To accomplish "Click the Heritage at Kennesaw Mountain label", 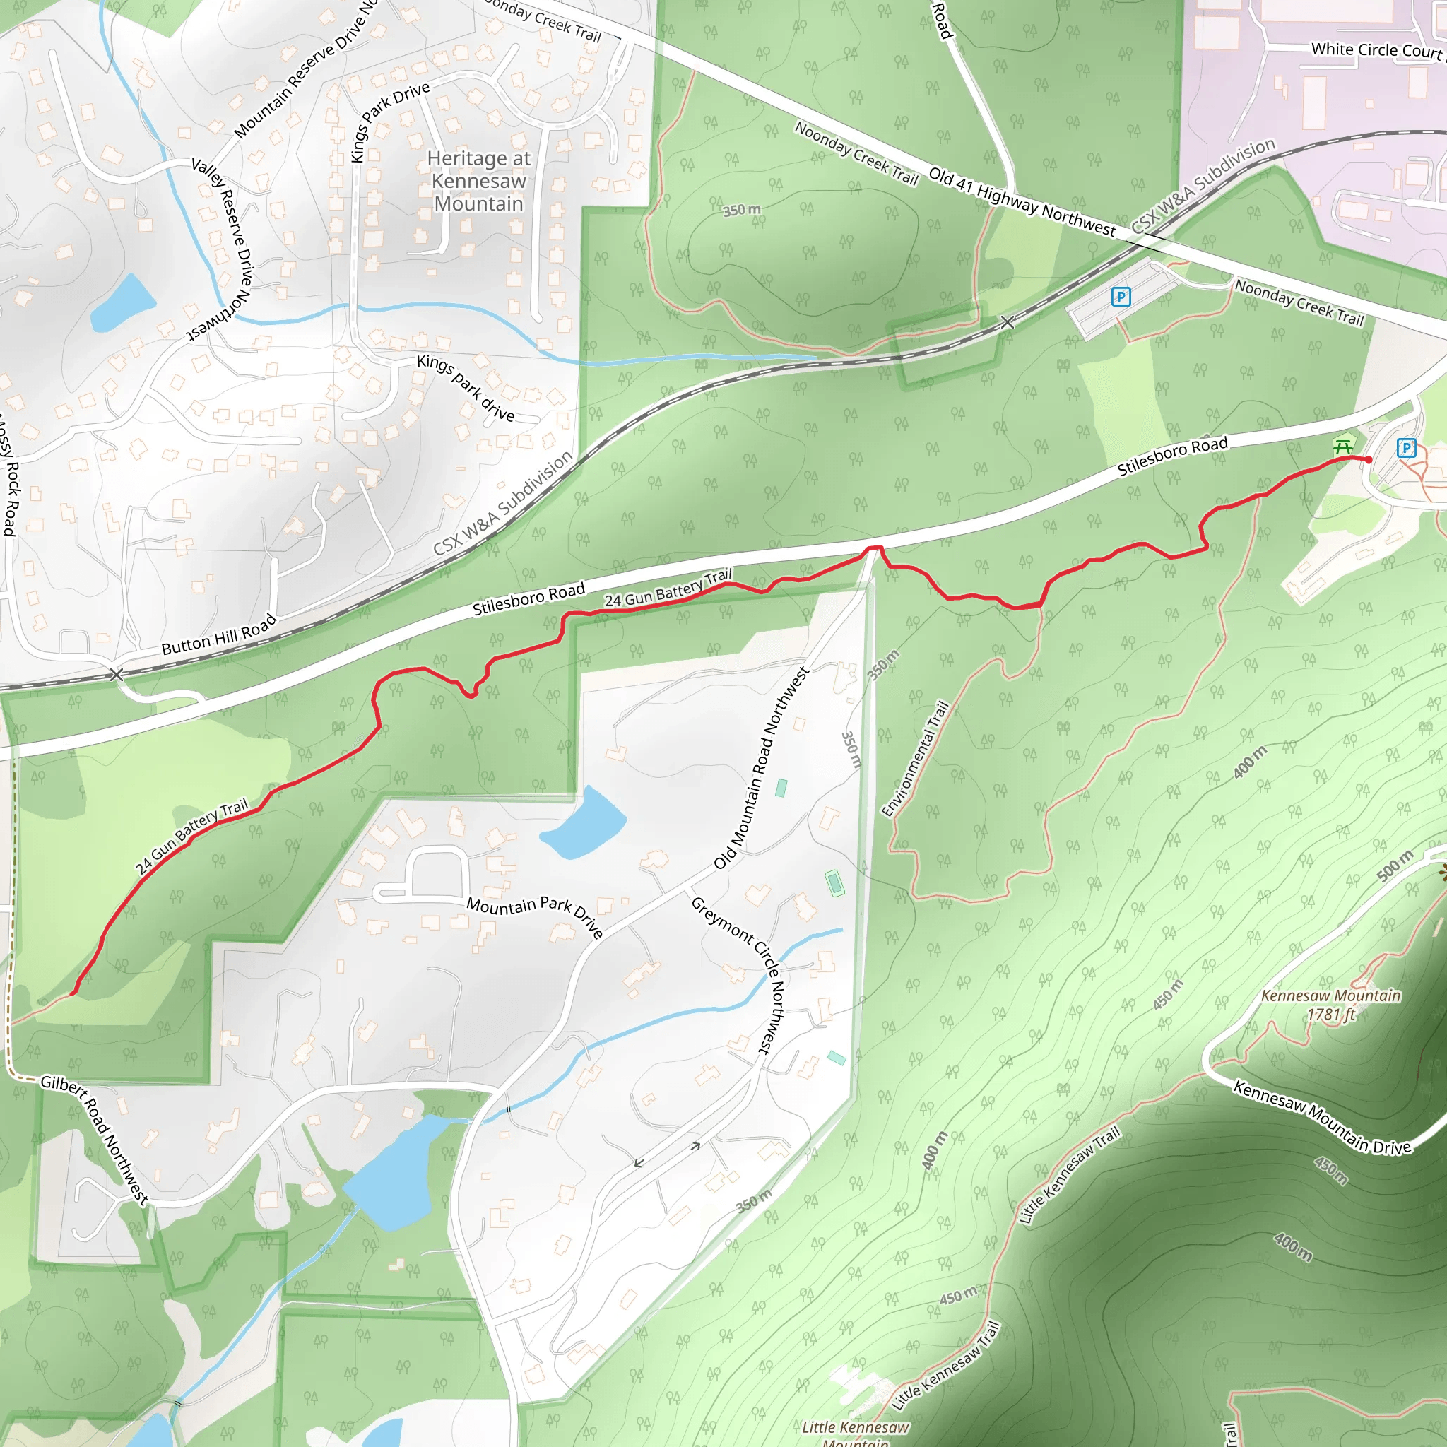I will click(478, 182).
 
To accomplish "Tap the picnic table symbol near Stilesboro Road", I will click(1343, 447).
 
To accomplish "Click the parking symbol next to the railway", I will click(1121, 297).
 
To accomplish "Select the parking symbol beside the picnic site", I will click(1406, 449).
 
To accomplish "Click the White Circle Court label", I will click(1376, 50).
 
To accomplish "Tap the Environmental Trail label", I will click(915, 759).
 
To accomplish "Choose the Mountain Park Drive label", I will click(535, 915).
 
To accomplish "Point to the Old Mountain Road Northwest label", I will click(761, 769).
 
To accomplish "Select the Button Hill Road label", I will click(219, 635).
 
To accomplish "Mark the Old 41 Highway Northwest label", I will click(1022, 201).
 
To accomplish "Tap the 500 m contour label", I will click(1395, 866).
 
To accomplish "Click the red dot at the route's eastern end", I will click(1369, 460).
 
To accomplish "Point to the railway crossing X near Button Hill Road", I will click(116, 675).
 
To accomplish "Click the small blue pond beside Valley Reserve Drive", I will click(122, 304).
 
